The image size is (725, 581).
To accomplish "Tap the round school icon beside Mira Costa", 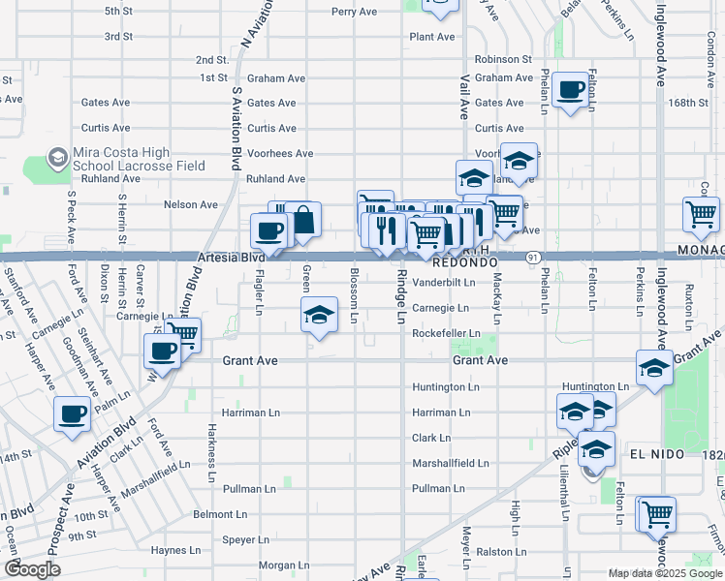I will click(58, 159).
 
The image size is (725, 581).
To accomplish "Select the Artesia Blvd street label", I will click(230, 259).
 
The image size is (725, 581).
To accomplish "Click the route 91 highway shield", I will click(533, 258).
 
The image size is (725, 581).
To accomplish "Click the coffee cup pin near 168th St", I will click(571, 90).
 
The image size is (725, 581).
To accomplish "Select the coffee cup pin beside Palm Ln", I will click(73, 414).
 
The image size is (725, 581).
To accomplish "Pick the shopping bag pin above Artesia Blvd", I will click(303, 220).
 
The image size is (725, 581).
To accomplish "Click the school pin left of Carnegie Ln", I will click(319, 315).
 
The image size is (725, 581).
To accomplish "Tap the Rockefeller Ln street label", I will click(446, 334).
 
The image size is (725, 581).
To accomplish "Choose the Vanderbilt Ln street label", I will click(444, 284).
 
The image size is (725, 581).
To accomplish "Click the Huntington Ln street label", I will click(446, 387).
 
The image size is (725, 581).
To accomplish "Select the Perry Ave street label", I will click(354, 13).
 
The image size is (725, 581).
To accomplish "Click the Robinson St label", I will click(503, 59).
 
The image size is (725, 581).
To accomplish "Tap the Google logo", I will click(33, 569).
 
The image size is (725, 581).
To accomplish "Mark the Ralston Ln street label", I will click(500, 552).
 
